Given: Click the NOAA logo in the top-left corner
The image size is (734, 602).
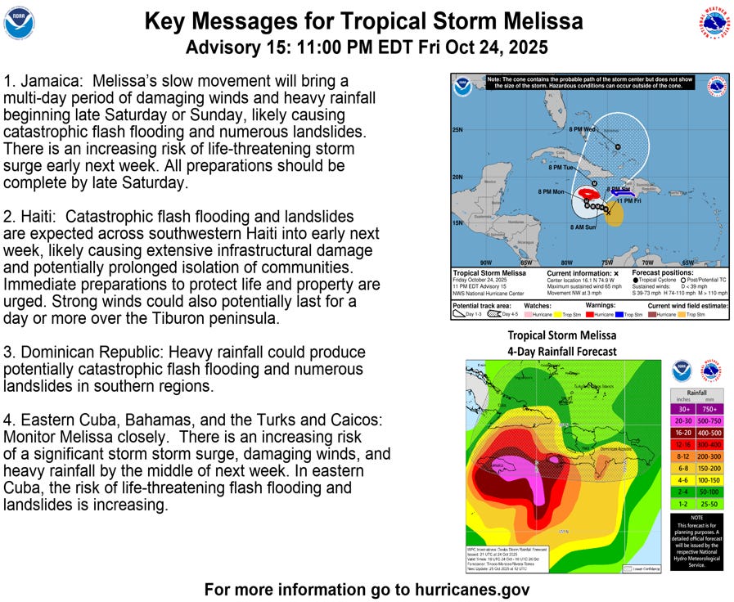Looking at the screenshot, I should [20, 23].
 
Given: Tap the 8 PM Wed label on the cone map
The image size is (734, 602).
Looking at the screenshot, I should [578, 128].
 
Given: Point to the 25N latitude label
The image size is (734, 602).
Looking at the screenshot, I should [457, 130].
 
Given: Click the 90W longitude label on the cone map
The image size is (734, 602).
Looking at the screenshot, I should [486, 263].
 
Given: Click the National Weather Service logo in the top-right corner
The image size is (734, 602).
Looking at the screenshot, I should [714, 22].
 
